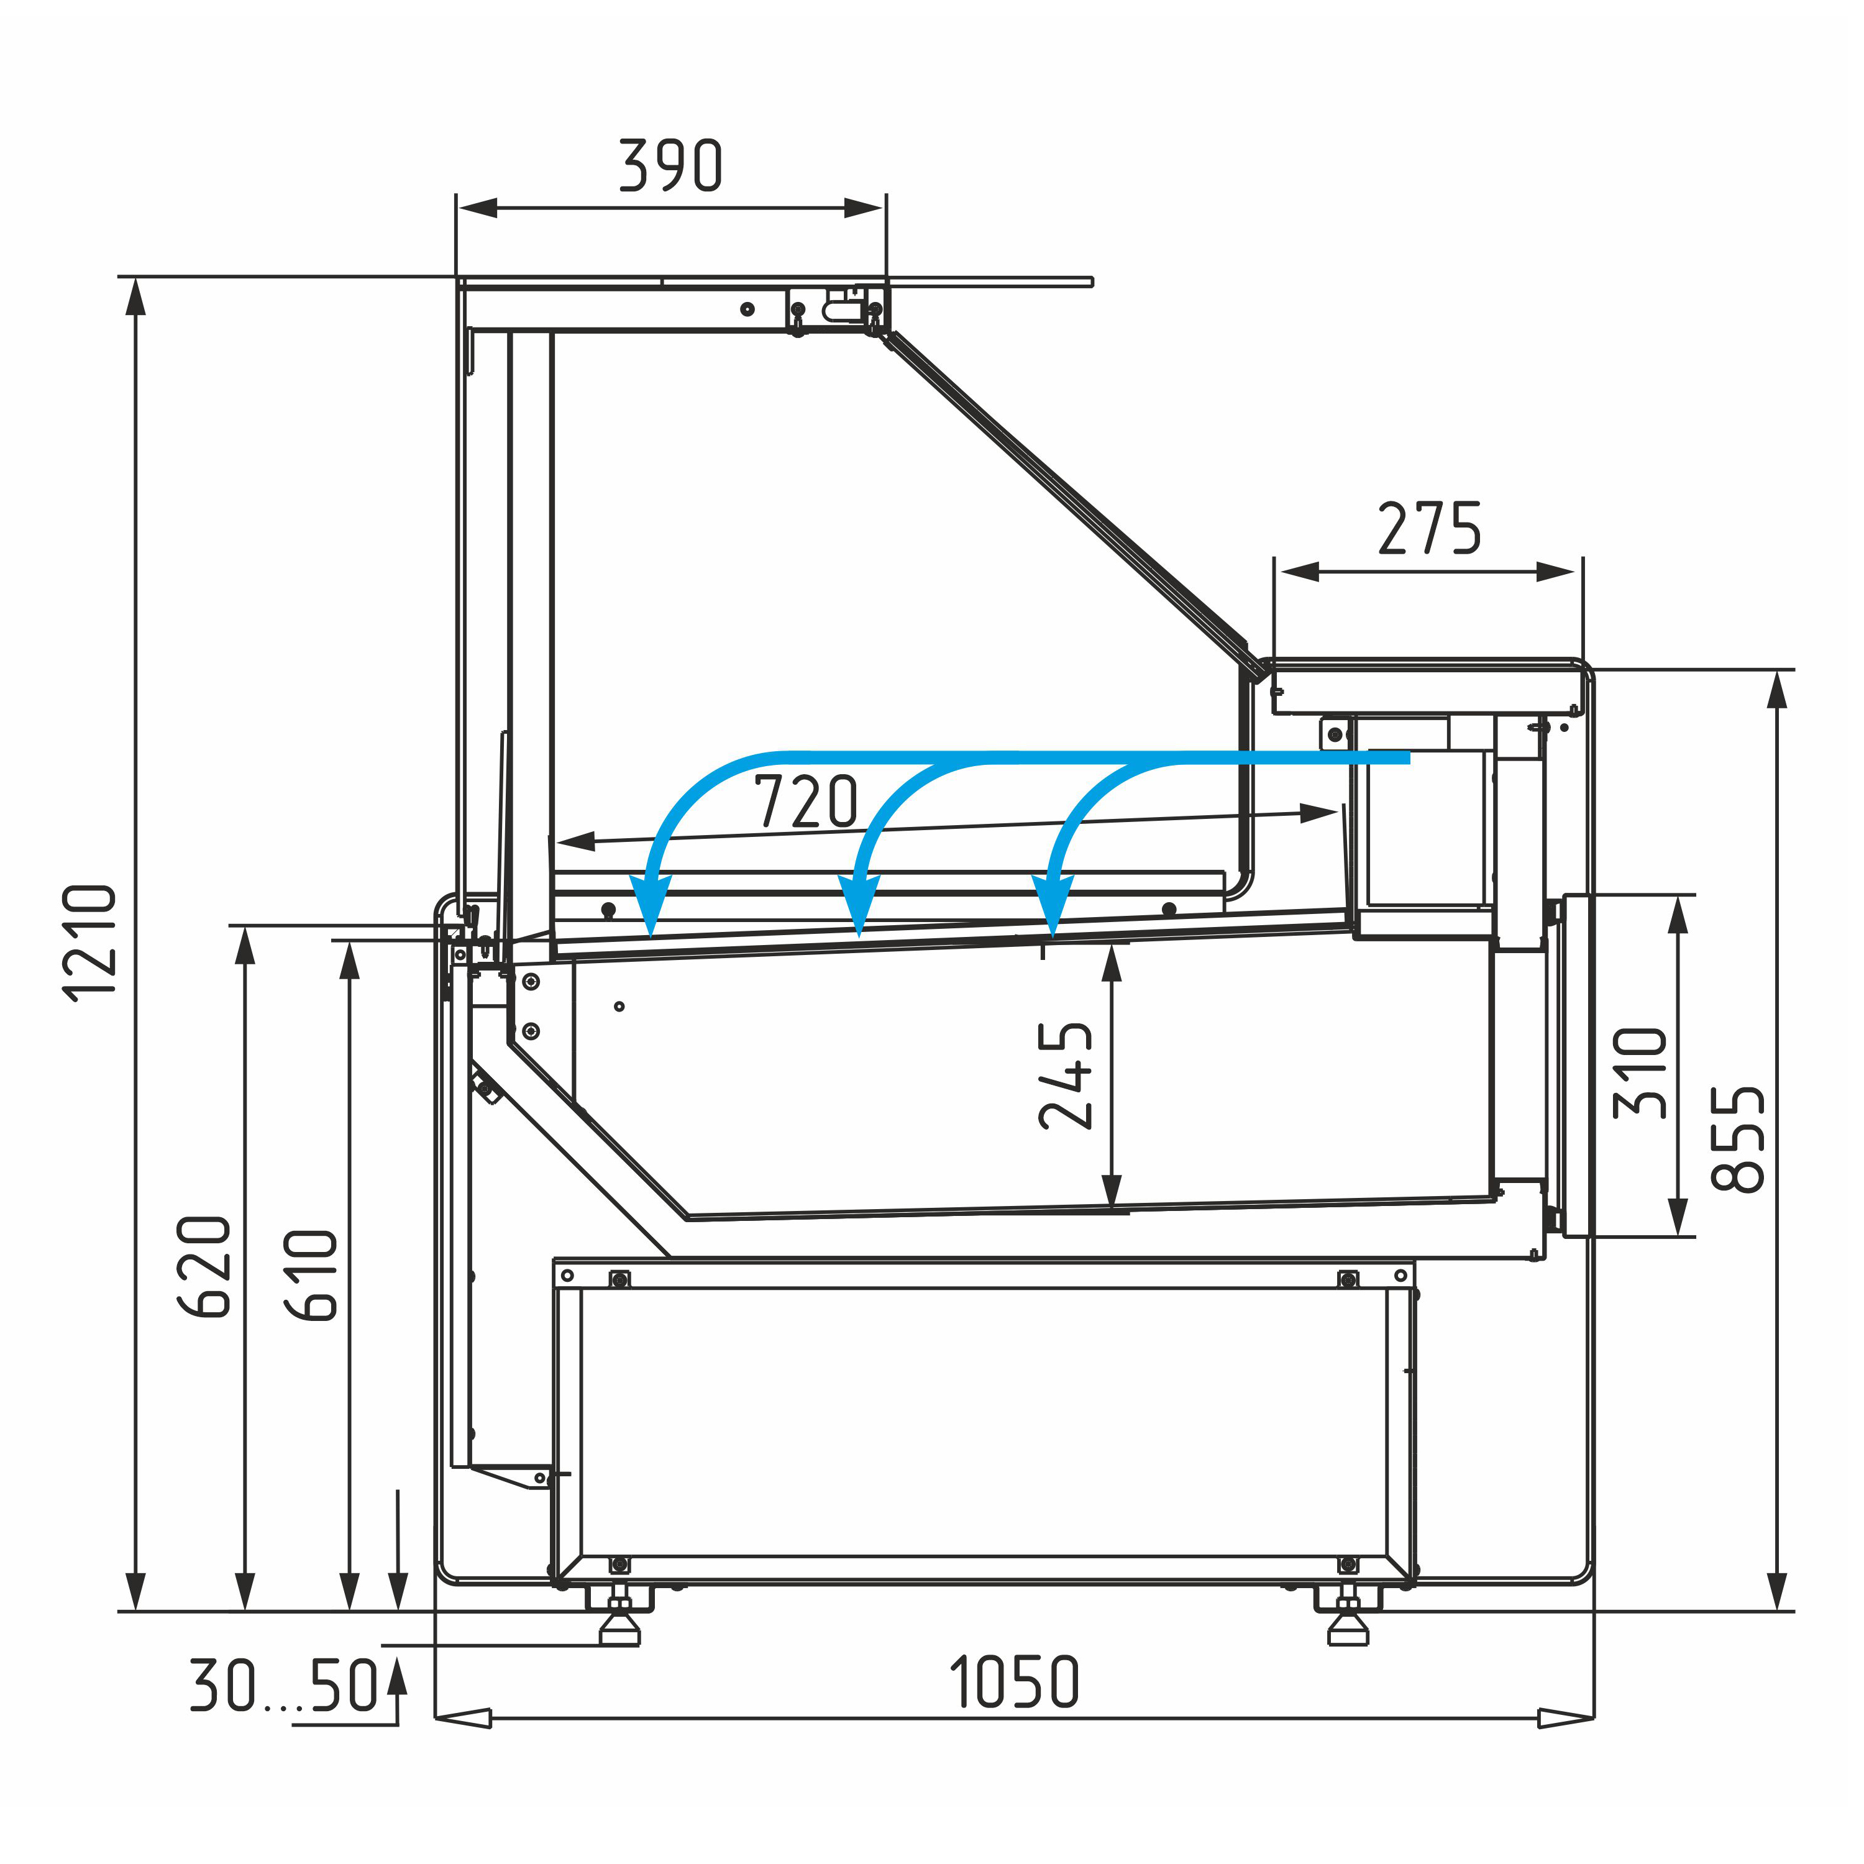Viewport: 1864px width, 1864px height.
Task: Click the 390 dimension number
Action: tap(670, 165)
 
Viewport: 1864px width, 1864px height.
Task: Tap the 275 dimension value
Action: tap(1429, 529)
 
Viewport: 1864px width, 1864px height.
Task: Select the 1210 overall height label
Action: tap(89, 944)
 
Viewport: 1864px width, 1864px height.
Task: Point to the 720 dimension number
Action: tap(806, 801)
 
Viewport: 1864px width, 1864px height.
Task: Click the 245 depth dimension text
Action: tap(1066, 1076)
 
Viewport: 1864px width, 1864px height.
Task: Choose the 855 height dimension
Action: tap(1738, 1140)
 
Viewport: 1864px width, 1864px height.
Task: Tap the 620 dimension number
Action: tap(204, 1267)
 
